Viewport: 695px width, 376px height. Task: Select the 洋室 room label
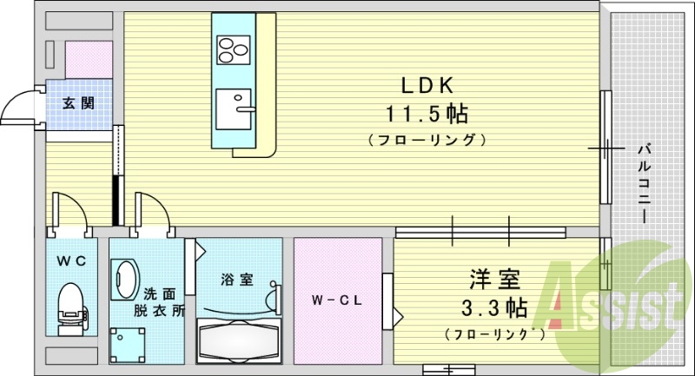(x=494, y=280)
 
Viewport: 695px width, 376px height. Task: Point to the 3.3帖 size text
(x=493, y=307)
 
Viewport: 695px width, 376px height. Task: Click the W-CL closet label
(x=337, y=300)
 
